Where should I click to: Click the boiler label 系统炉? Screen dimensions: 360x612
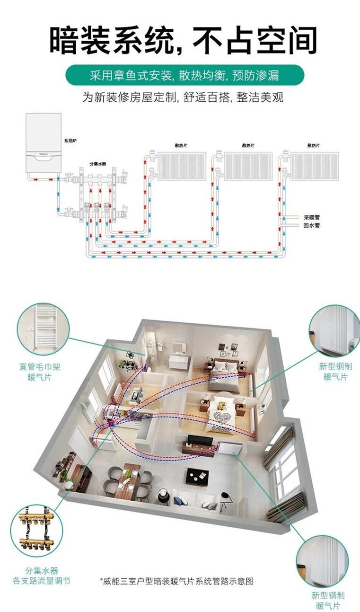coord(70,141)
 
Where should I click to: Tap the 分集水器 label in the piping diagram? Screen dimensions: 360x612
coord(98,164)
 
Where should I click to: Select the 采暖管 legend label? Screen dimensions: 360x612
coord(311,217)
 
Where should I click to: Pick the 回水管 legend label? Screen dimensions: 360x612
coord(311,225)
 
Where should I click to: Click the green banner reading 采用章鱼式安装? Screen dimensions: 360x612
coord(184,75)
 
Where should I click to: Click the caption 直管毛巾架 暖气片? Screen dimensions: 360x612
coord(40,372)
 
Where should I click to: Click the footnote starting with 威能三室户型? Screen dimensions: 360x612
coord(177,573)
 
